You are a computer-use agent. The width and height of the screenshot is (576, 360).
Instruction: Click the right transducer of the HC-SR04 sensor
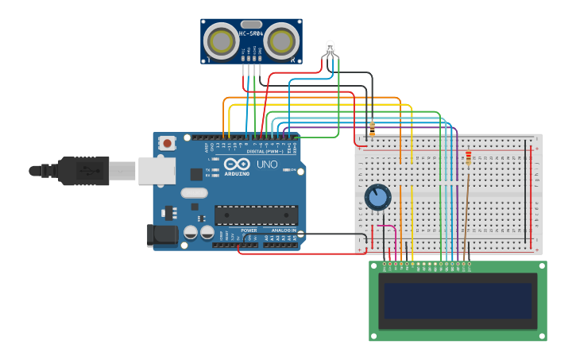tap(281, 41)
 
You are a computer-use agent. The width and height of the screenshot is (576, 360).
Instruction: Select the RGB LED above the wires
tap(330, 48)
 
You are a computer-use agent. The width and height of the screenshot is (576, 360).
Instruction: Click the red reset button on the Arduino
tap(167, 143)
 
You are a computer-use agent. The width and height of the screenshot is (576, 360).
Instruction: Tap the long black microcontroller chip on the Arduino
tap(256, 215)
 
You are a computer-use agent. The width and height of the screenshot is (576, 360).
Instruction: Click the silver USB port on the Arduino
tap(157, 170)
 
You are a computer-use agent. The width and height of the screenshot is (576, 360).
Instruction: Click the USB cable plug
tap(87, 170)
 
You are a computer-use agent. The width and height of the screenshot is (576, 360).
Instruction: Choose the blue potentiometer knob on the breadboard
tap(377, 196)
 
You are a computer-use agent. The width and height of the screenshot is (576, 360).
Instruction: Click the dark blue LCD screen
tap(458, 300)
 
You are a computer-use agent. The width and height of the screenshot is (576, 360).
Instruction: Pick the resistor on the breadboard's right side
tap(468, 158)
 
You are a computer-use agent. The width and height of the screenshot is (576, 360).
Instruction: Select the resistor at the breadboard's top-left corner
tap(372, 129)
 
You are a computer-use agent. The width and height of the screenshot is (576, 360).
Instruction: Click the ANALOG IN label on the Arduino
tap(283, 230)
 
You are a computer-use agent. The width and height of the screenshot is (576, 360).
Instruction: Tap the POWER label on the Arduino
tap(249, 230)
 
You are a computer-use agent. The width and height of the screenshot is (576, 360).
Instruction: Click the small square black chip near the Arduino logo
tap(196, 174)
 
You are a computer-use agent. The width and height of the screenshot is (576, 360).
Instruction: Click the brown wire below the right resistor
tap(466, 207)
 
